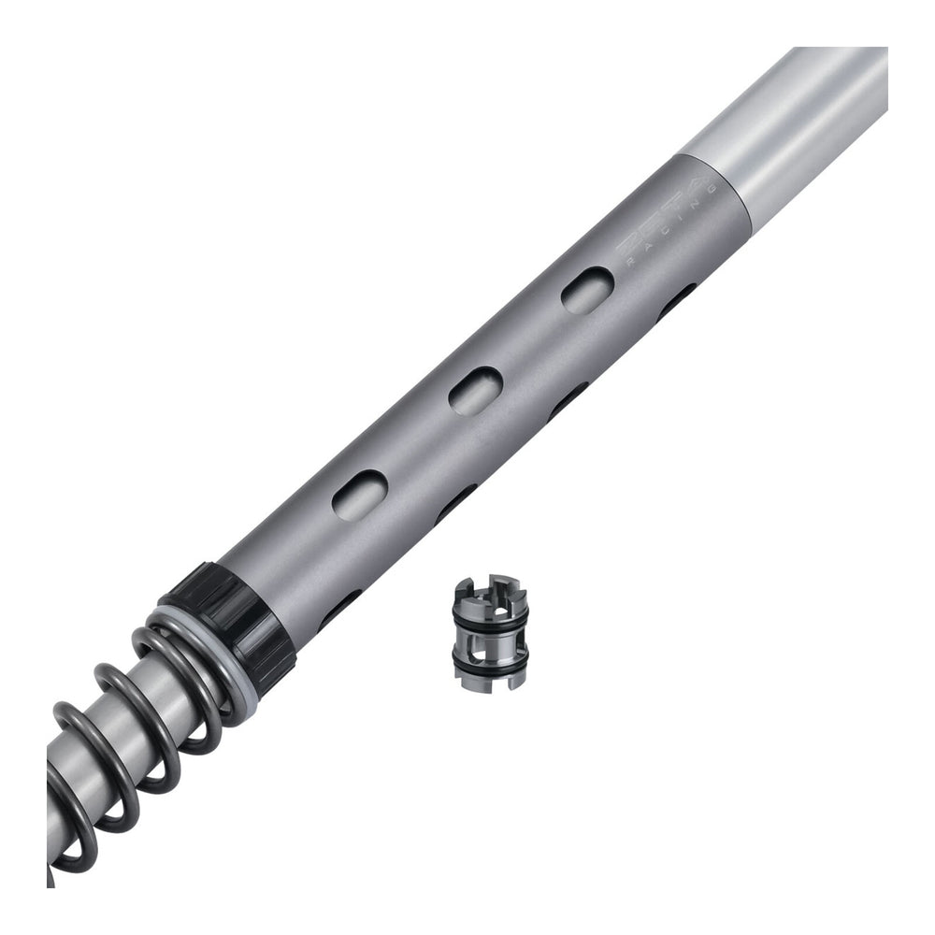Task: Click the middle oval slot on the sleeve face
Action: tap(475, 391)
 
